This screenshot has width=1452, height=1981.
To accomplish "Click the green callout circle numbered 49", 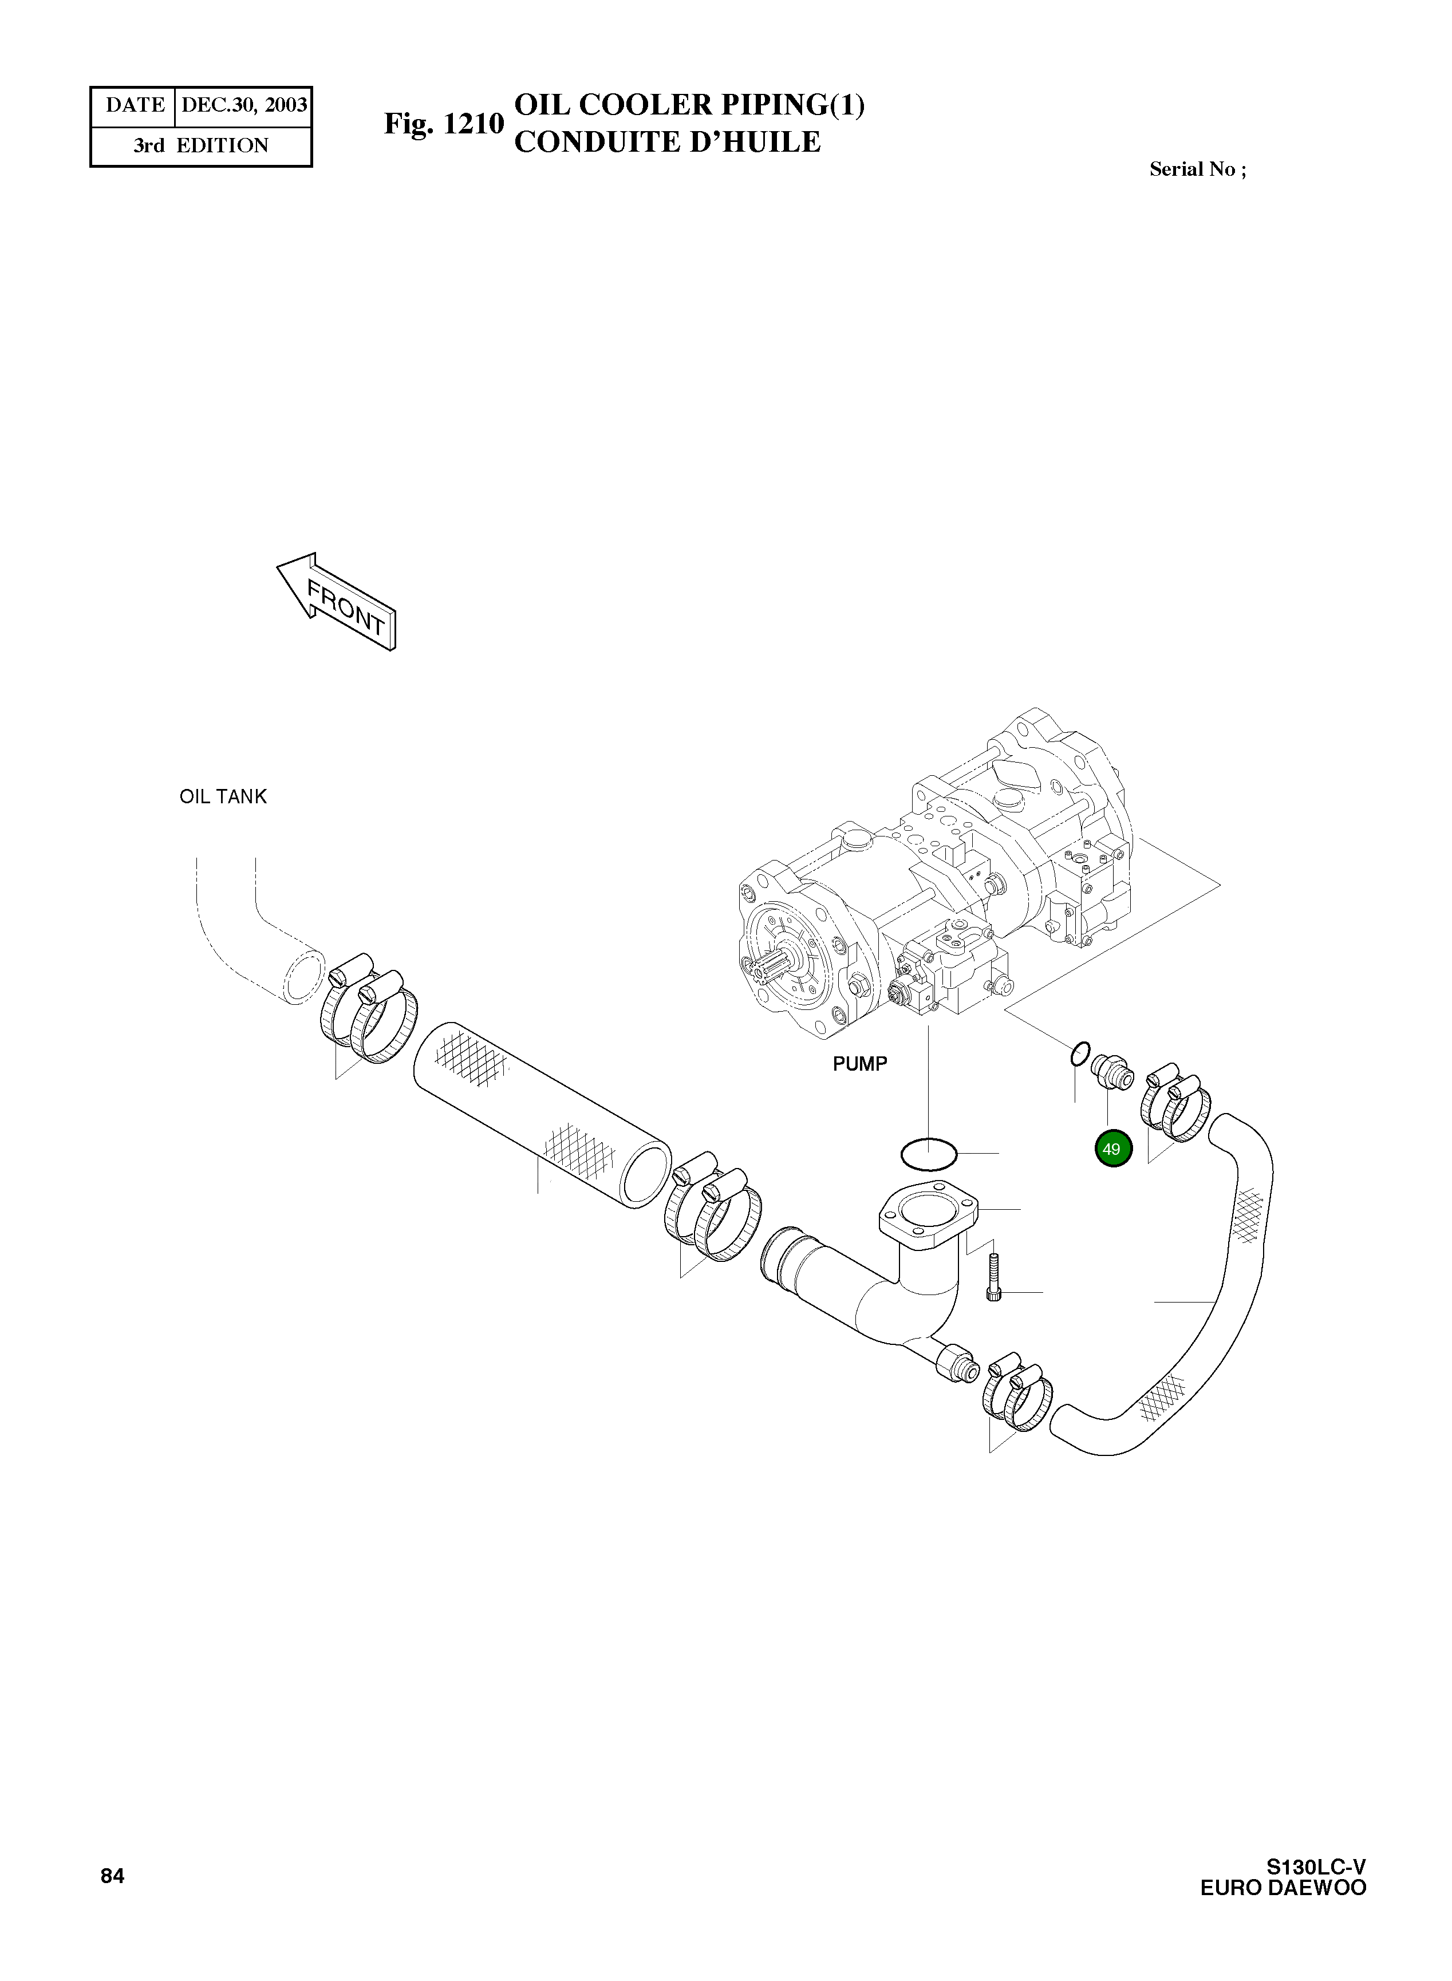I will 1112,1149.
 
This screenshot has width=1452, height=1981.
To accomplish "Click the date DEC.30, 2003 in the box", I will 243,105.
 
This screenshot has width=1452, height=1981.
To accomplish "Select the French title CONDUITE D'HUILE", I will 667,143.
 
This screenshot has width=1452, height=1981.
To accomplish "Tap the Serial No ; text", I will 1197,169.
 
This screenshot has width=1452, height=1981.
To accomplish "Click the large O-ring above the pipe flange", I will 929,1154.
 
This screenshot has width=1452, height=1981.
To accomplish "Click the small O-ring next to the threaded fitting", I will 1080,1053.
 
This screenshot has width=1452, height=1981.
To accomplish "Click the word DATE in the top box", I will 135,105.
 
